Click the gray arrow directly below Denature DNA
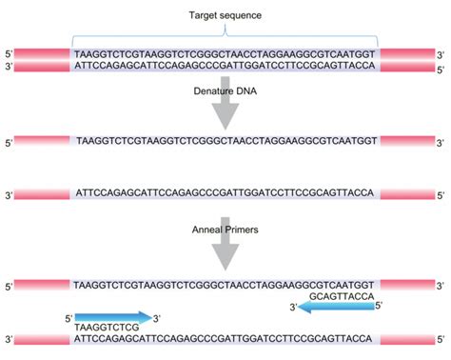[225, 110]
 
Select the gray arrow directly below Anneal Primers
[225, 251]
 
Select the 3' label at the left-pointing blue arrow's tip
[295, 306]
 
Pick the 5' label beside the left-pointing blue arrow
[380, 306]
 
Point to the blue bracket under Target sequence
[225, 39]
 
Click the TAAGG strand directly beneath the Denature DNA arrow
[225, 139]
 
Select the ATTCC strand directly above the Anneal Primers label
[225, 193]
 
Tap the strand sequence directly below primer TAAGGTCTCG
[225, 338]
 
